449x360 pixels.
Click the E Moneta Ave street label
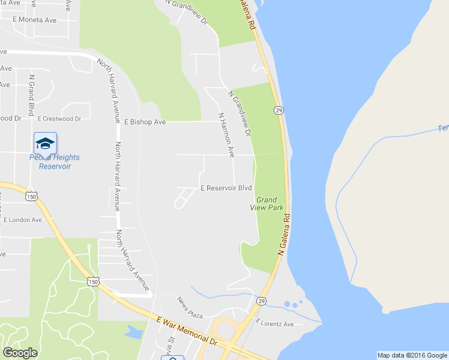tap(35, 20)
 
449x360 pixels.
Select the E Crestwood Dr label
tap(59, 119)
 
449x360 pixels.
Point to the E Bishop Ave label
tap(145, 122)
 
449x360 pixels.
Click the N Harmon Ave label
tap(226, 135)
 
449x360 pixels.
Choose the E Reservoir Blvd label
tap(226, 188)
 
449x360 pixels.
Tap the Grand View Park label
tap(267, 203)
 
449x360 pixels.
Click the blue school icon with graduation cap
tap(45, 143)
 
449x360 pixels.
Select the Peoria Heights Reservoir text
tap(55, 161)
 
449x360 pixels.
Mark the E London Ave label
tap(23, 220)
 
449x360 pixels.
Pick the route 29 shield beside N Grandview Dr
tap(279, 110)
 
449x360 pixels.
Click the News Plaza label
tap(190, 307)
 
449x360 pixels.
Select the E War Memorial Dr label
tap(187, 331)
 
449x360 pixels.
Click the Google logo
tap(20, 353)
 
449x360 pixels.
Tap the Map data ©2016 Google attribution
tap(412, 355)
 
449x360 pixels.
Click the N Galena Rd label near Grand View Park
tap(284, 235)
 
